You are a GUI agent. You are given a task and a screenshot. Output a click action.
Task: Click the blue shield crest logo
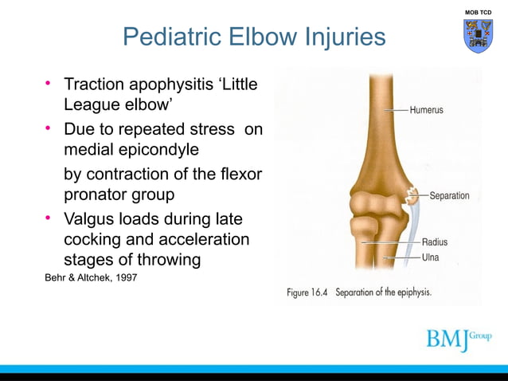coord(478,36)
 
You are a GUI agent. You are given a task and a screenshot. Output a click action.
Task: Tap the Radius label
coord(434,242)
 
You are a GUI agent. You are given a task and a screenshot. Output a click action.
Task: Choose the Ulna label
coord(430,257)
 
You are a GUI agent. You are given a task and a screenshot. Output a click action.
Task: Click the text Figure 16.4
coord(307,293)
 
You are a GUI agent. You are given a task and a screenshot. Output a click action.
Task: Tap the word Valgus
coord(89,218)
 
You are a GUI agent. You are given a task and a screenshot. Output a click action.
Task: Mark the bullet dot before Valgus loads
coord(48,217)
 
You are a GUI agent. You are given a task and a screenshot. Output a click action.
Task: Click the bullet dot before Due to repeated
coord(48,128)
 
